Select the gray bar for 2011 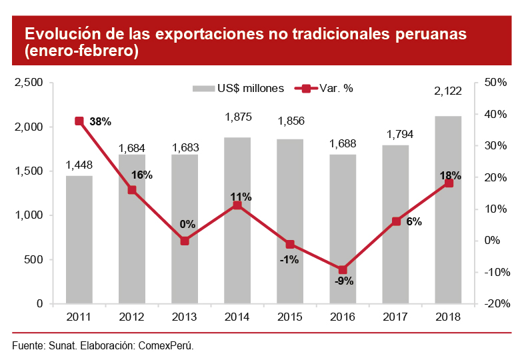point(79,240)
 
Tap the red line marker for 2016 point(343,270)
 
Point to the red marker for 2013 point(185,241)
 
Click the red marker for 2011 point(79,121)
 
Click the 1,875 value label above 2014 point(238,117)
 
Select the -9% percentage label point(344,281)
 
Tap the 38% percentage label point(100,121)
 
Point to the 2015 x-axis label point(290,317)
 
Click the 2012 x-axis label point(132,317)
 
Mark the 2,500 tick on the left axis point(29,83)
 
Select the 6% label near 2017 point(413,222)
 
